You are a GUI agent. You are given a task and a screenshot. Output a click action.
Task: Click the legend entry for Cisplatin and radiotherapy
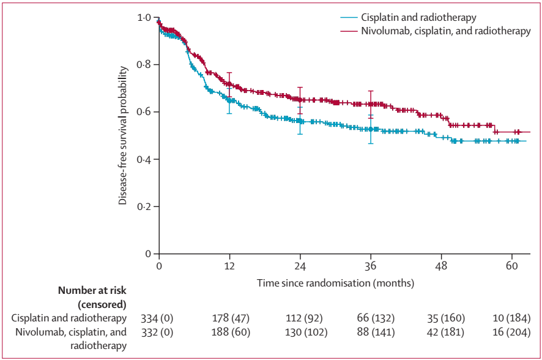click(x=423, y=17)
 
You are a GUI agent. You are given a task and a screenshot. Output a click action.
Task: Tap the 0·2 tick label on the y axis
click(x=144, y=206)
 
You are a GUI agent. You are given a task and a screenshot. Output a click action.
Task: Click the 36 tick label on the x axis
click(x=371, y=266)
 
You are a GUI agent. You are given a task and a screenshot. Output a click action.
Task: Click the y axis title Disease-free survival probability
click(x=123, y=136)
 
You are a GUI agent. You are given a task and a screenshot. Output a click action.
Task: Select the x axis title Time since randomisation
click(x=335, y=283)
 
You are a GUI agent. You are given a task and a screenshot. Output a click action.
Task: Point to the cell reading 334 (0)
click(x=159, y=318)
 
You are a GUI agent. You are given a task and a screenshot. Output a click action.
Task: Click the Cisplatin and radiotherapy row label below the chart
click(x=69, y=318)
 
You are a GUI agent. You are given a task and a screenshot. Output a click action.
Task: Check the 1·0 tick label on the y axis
click(x=144, y=18)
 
